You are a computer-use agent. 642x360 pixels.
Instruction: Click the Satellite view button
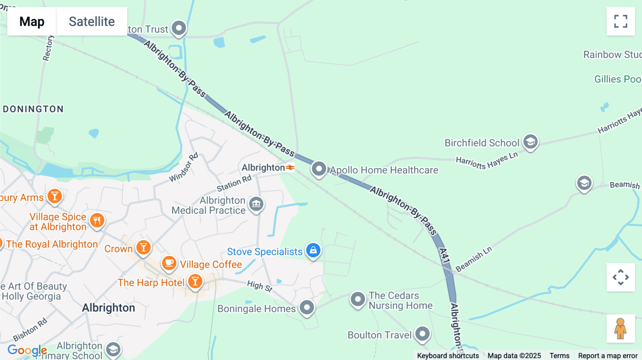92,21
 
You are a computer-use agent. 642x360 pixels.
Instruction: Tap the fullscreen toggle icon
621,21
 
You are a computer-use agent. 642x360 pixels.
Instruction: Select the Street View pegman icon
621,329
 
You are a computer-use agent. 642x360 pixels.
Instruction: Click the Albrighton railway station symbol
290,167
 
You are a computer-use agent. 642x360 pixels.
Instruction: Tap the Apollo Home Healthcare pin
319,169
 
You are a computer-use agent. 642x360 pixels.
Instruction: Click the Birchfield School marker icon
530,142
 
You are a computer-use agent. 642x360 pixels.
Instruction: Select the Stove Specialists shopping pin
314,250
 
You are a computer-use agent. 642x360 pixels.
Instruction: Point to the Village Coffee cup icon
169,263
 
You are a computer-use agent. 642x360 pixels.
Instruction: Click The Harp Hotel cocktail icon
195,281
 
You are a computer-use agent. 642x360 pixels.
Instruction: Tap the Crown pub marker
143,247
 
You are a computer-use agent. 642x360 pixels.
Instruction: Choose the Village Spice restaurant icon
97,220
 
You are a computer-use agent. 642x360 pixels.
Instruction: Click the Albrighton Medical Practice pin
256,204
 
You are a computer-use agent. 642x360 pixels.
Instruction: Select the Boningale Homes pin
307,307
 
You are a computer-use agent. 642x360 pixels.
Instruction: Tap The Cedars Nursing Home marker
358,299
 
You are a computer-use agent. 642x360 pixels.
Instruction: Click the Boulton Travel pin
423,334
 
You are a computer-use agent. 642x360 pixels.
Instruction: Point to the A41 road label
444,256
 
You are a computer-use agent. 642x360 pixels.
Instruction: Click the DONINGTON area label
33,109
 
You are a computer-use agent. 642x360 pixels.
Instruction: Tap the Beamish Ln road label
474,259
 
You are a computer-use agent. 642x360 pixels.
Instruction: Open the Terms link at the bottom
559,355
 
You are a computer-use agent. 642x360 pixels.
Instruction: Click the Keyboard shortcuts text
448,355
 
